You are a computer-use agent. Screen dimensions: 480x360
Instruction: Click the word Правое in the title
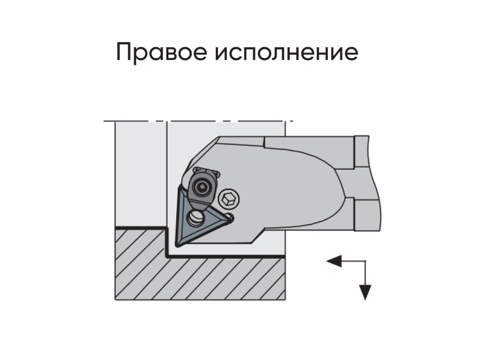tap(162, 52)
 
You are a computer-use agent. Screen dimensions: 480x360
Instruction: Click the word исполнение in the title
tap(286, 52)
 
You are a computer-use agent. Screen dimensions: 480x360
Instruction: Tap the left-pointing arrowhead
tap(334, 261)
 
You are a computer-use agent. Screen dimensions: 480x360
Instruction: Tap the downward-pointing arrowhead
tap(365, 292)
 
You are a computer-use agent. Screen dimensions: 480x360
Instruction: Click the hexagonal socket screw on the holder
tap(229, 198)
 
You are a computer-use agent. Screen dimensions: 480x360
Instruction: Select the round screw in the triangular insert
tap(195, 218)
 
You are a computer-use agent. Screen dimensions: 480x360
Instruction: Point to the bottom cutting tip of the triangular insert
tap(177, 245)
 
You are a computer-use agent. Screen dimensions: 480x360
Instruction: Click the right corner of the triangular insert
tap(231, 218)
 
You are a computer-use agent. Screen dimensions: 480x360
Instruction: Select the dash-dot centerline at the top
tap(198, 121)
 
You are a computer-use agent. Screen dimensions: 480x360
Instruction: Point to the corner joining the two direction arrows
tap(365, 261)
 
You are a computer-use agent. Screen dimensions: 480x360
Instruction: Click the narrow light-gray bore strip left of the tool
tap(141, 174)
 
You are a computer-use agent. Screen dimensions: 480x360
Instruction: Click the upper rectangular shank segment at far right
tap(362, 151)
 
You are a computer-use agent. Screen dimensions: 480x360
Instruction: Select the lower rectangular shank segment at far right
tap(367, 215)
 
